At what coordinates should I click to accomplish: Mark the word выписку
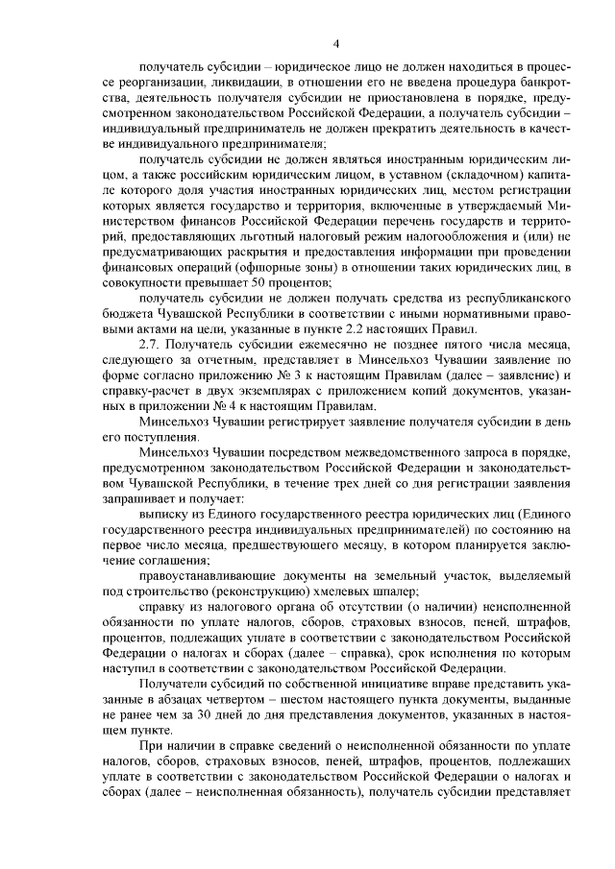coord(170,519)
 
